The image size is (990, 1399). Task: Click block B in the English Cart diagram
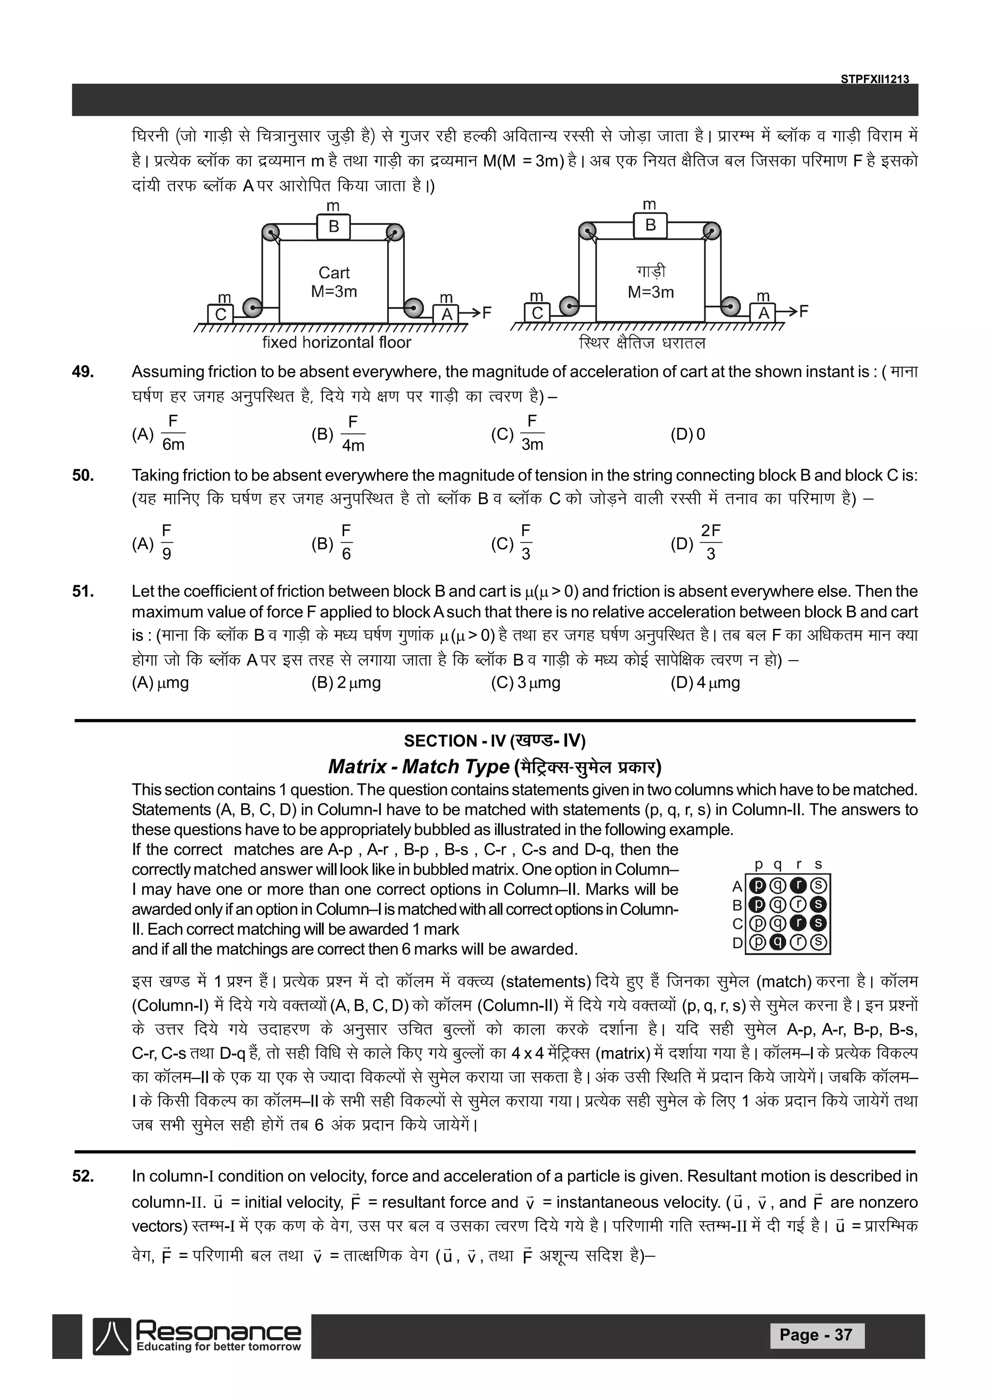(x=334, y=227)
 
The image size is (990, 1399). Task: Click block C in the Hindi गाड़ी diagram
(x=537, y=313)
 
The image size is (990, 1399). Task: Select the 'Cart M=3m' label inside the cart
(x=334, y=282)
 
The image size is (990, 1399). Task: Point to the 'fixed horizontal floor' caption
(x=336, y=343)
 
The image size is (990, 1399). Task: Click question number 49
(x=83, y=372)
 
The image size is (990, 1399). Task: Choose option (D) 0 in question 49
(x=688, y=434)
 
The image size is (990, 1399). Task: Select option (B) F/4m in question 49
(x=338, y=434)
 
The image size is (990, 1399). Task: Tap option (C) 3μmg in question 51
(x=525, y=682)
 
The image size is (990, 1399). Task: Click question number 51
(x=83, y=591)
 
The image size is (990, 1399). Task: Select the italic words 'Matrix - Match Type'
(x=418, y=766)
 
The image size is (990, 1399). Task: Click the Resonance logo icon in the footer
(x=112, y=1336)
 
